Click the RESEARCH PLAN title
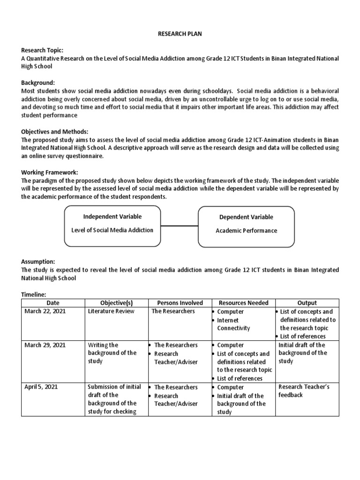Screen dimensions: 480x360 click(x=180, y=34)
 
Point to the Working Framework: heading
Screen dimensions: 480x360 click(x=49, y=172)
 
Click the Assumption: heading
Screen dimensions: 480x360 click(x=38, y=262)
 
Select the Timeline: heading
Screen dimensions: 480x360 click(x=34, y=294)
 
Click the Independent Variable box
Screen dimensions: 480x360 click(x=112, y=226)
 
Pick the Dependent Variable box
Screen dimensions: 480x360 click(x=246, y=227)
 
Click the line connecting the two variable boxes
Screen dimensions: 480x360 click(x=179, y=226)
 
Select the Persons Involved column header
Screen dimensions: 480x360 click(x=180, y=303)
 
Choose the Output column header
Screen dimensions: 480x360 click(x=307, y=303)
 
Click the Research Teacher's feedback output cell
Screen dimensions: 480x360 click(x=304, y=391)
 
